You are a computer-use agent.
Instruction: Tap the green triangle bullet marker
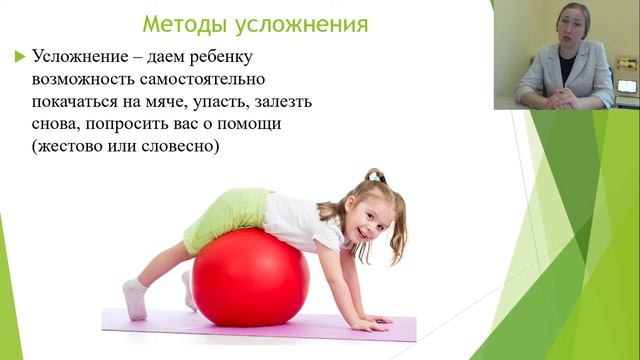20,57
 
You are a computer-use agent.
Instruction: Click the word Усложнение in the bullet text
81,57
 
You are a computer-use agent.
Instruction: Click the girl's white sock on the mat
135,298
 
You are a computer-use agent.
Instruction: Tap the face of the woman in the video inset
560,27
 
